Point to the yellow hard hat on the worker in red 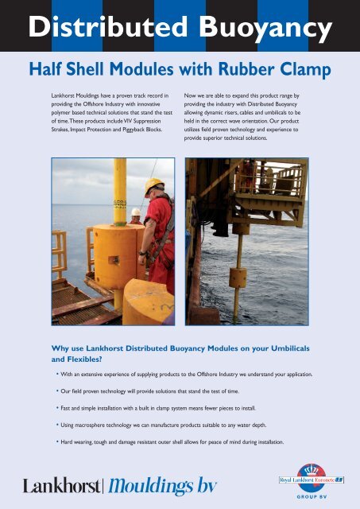(153, 187)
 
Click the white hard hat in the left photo (136, 212)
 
